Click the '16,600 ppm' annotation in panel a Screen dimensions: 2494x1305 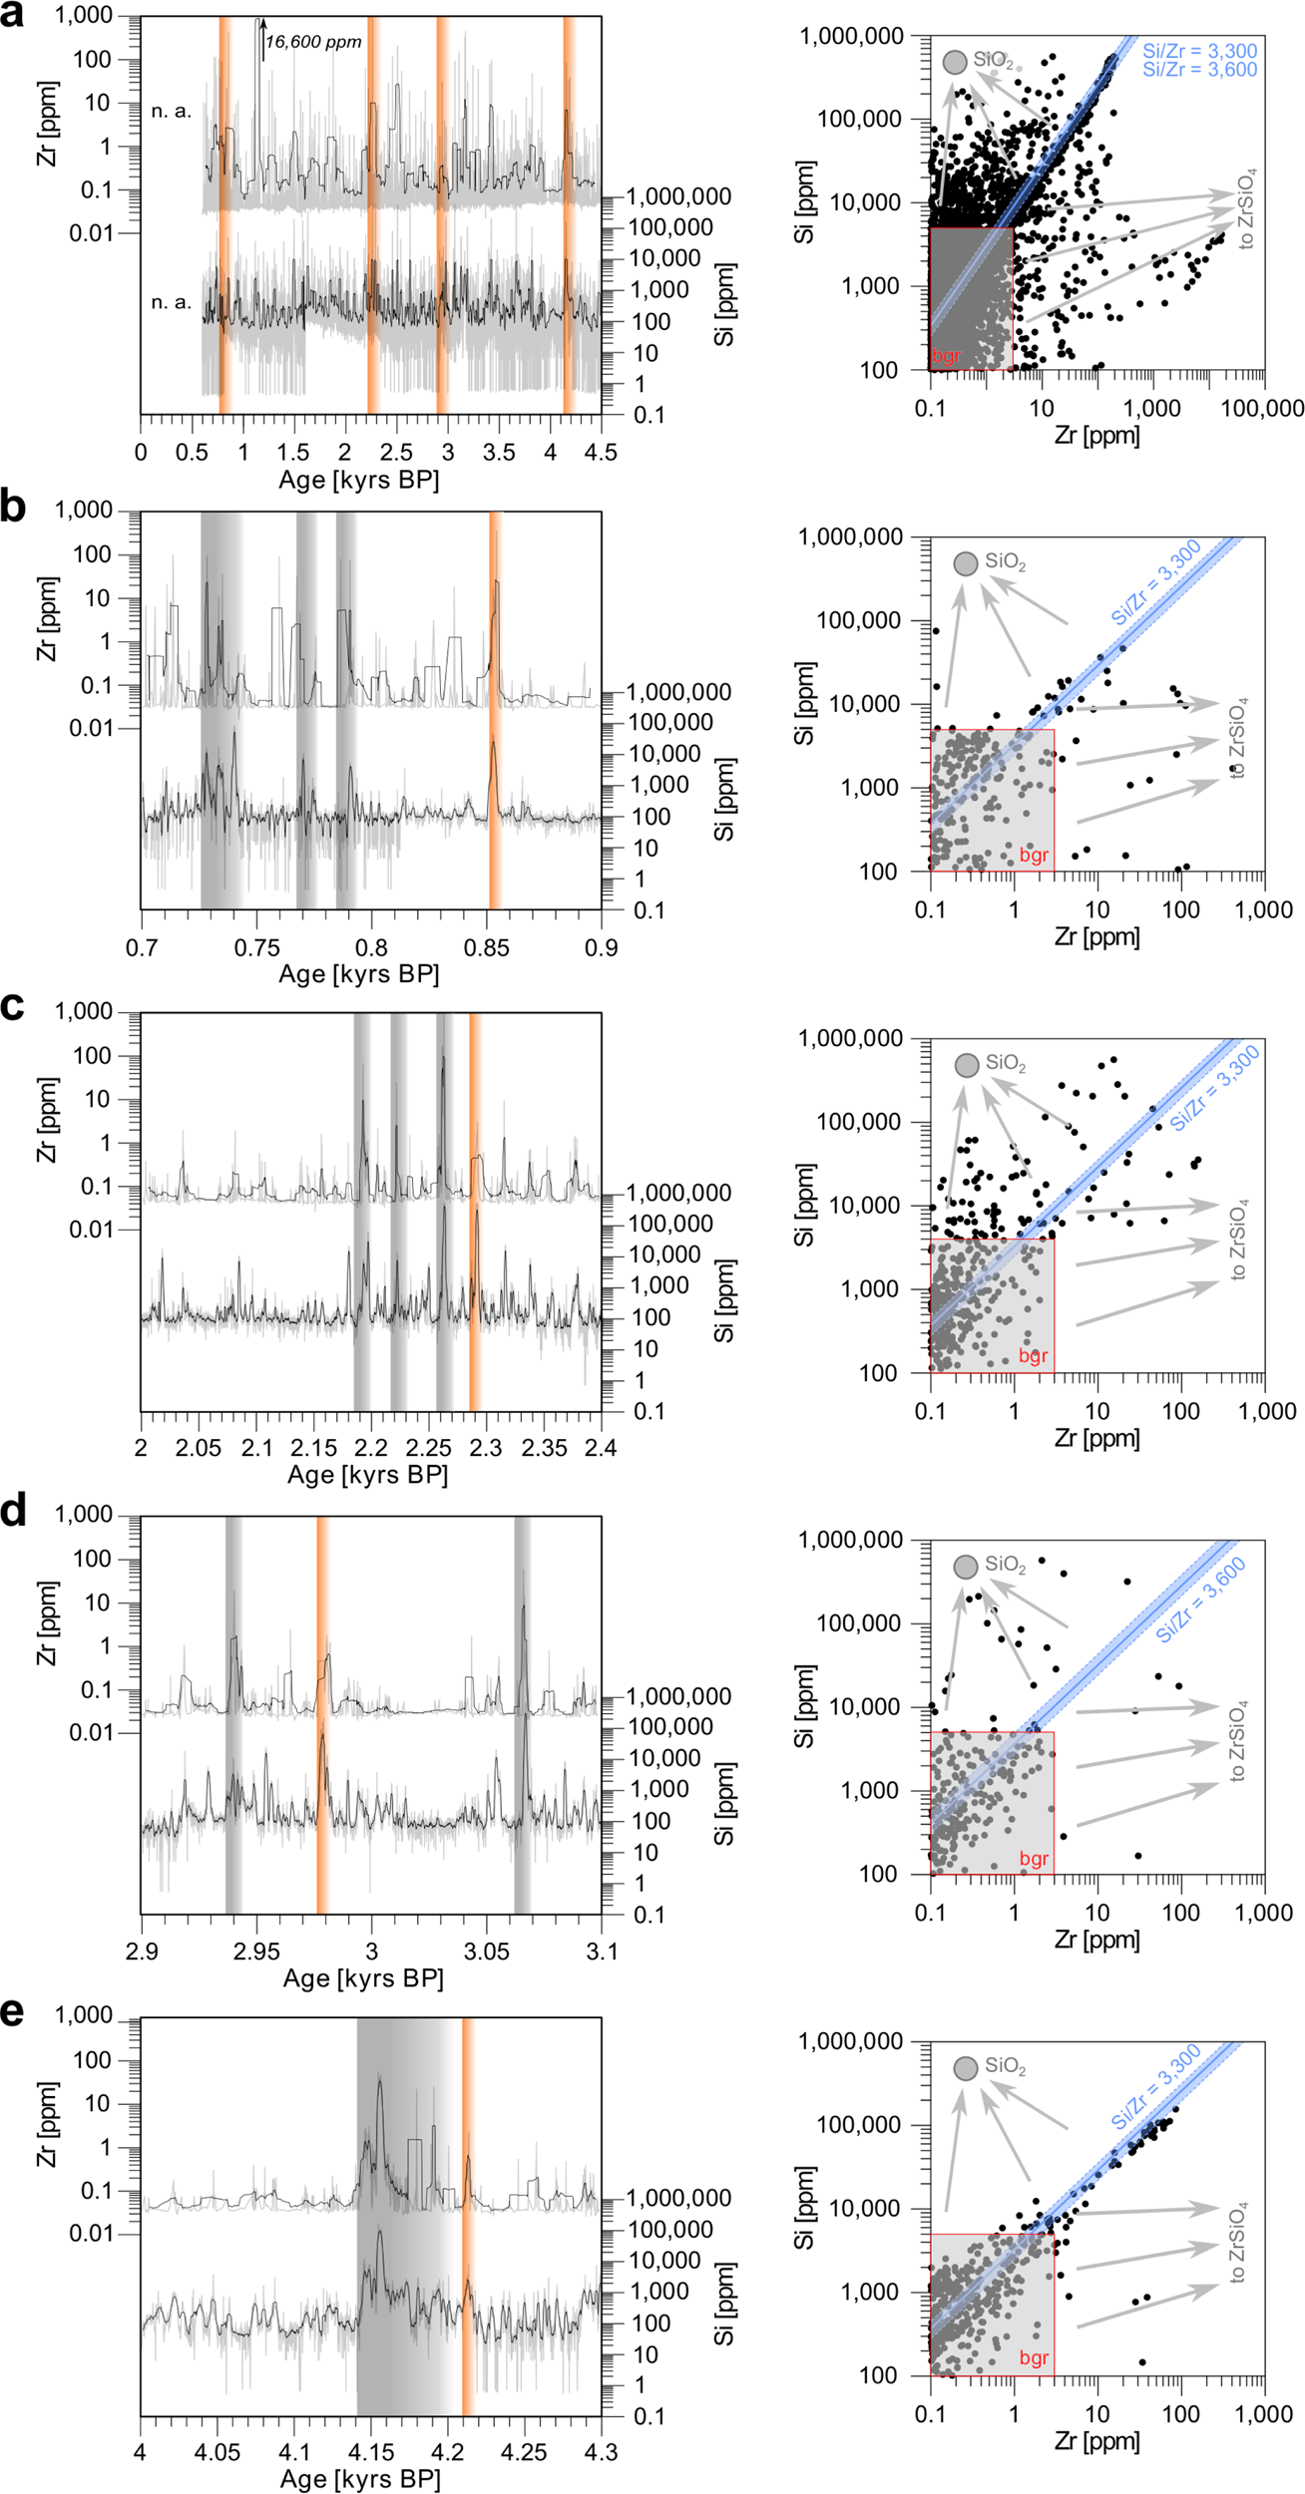coord(313,42)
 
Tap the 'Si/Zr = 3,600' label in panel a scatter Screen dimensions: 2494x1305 coord(1199,70)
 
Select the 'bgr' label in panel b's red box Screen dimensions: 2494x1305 coord(1034,856)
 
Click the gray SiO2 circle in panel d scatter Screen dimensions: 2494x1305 coord(965,1567)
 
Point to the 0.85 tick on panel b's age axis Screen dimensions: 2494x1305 coord(486,946)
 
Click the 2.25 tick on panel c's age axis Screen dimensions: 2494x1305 coord(429,1447)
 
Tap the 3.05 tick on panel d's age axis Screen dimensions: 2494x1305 coord(486,1951)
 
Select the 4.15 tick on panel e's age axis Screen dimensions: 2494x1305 coord(370,2452)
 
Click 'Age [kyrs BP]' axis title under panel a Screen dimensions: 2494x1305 coord(358,480)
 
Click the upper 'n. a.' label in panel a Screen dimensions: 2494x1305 coord(171,111)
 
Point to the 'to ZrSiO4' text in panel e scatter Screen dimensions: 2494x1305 coord(1237,2244)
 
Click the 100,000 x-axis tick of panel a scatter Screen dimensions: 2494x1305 coord(1262,408)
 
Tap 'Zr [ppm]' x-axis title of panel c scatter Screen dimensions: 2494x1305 coord(1096,1438)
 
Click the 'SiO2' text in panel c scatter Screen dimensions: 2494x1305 coord(1005,1063)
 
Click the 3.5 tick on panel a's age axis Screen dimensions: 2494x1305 coord(499,452)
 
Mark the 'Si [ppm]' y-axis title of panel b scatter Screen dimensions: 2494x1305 coord(804,703)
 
